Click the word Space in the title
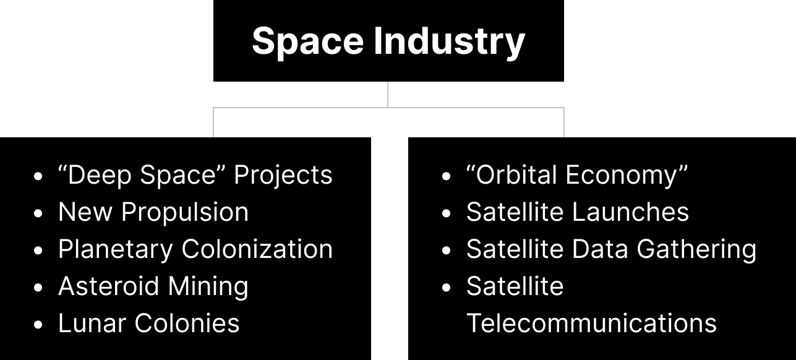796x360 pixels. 308,42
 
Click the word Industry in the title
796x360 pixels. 450,42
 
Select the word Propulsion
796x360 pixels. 185,213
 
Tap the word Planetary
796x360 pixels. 116,249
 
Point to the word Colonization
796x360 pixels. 257,249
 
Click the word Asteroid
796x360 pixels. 108,286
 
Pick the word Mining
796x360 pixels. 208,287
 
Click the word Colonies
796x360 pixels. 187,323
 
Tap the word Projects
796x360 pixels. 283,176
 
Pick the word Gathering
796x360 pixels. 696,250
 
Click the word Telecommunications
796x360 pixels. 591,323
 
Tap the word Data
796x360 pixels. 600,249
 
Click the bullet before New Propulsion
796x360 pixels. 38,213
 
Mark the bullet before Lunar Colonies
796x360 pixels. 38,325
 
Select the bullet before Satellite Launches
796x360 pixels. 446,213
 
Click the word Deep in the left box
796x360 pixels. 99,176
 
